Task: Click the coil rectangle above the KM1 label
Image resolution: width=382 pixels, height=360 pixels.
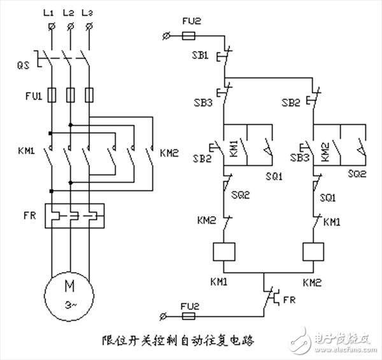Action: (x=223, y=251)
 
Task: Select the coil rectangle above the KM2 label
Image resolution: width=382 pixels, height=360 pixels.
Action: (x=315, y=251)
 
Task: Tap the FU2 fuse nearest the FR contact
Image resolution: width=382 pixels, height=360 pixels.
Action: (x=189, y=314)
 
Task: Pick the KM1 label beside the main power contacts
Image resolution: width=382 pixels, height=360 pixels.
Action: (x=26, y=153)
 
